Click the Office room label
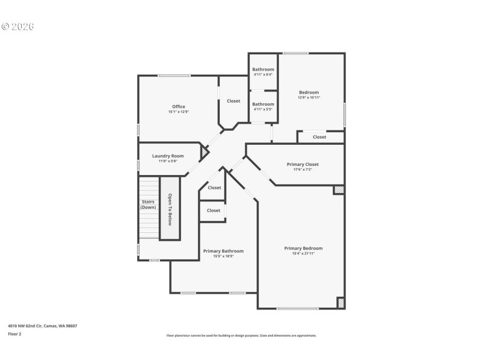click(x=178, y=107)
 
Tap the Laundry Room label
click(x=168, y=156)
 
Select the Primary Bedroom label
click(x=303, y=248)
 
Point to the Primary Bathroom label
click(x=223, y=251)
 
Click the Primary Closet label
click(x=302, y=164)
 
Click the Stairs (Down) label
click(x=149, y=205)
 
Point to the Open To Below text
click(x=170, y=209)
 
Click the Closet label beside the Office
click(x=233, y=101)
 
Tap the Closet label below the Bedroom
click(x=319, y=137)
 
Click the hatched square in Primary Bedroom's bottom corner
click(x=341, y=302)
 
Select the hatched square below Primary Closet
click(x=339, y=189)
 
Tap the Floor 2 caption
click(x=14, y=334)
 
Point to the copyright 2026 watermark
click(x=18, y=27)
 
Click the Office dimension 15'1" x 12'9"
click(x=178, y=112)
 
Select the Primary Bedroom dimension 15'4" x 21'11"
click(x=303, y=253)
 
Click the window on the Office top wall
click(x=174, y=75)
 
